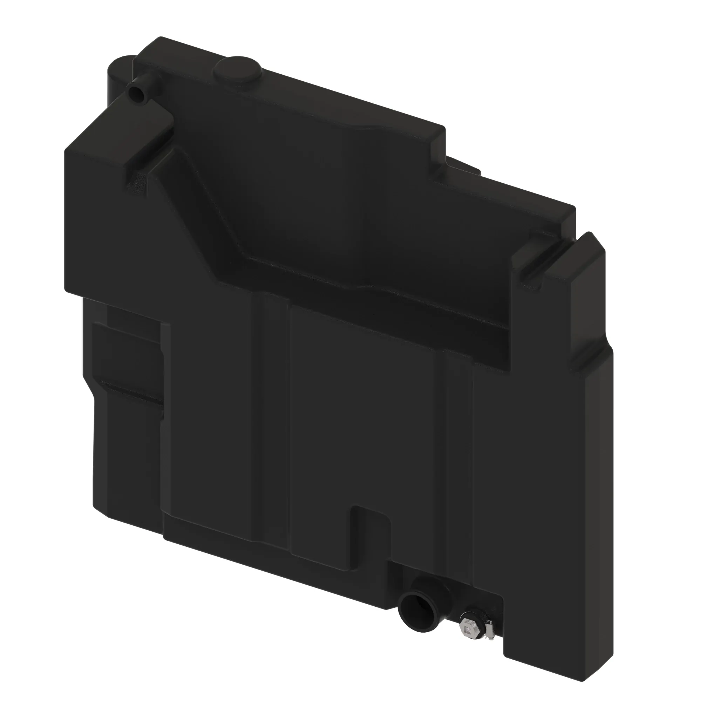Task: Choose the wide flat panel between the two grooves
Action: pos(363,417)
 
